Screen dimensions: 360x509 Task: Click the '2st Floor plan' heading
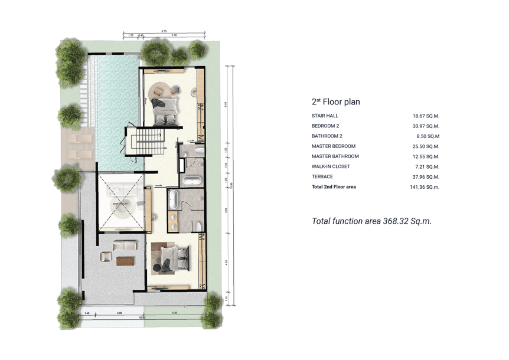(x=335, y=102)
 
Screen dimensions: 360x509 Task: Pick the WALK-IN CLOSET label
(x=331, y=167)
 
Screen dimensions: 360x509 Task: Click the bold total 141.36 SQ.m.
(x=426, y=187)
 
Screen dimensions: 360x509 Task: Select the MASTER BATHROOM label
(x=335, y=156)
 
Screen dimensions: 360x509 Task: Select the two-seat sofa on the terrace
(x=125, y=246)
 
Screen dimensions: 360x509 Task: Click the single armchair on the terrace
(x=106, y=256)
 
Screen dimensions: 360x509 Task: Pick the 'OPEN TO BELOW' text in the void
(x=121, y=204)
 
